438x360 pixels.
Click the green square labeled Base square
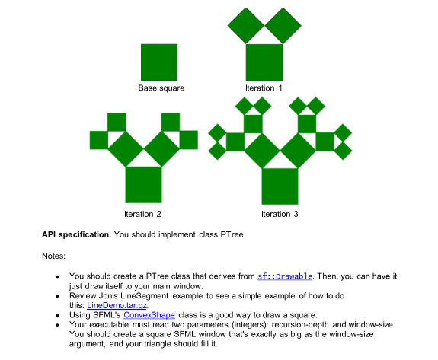[159, 62]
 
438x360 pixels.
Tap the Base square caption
[161, 88]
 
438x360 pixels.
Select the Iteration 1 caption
[264, 88]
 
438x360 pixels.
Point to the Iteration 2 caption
[142, 215]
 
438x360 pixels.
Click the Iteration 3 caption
[280, 215]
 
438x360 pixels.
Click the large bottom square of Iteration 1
[264, 62]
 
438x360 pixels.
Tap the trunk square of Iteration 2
[143, 185]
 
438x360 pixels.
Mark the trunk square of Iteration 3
[280, 186]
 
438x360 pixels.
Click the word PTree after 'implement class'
[231, 234]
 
